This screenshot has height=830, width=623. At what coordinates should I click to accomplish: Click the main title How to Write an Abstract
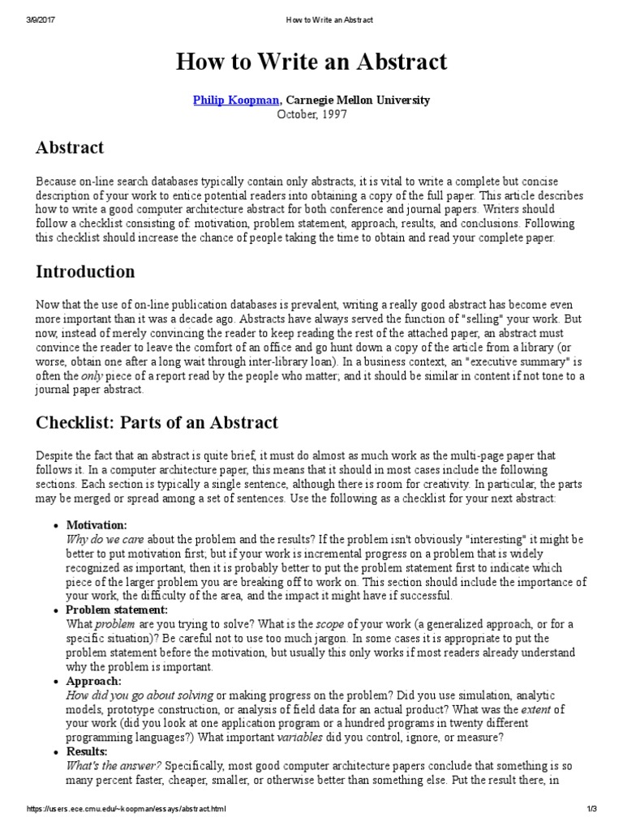[311, 62]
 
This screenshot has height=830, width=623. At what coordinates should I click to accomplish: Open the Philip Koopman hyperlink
[236, 100]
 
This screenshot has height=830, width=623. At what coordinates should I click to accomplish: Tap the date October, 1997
[311, 114]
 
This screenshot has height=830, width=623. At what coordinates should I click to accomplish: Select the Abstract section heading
[70, 148]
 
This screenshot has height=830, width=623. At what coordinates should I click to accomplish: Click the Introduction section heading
[85, 271]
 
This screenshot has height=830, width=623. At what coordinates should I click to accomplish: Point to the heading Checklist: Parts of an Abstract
[157, 422]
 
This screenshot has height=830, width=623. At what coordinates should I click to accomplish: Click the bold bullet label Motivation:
[97, 525]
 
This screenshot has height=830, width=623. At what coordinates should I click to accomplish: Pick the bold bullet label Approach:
[93, 682]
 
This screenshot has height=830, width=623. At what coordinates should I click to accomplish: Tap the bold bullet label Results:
[91, 752]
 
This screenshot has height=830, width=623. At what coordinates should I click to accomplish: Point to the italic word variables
[300, 737]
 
